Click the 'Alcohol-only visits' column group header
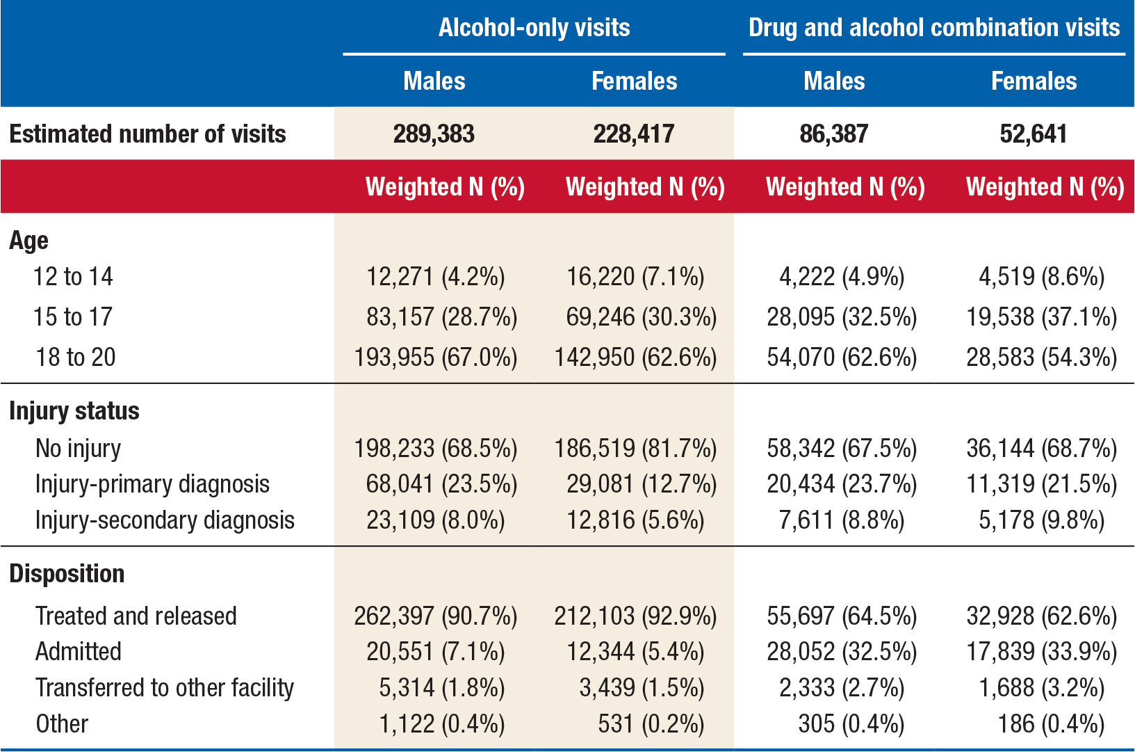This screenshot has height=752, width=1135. (534, 28)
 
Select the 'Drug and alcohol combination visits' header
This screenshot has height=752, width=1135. (933, 28)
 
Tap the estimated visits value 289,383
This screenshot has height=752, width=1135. (434, 134)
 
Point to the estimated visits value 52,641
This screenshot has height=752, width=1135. (1033, 134)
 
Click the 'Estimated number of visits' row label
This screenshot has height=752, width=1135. (147, 134)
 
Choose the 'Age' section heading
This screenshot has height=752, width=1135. (28, 241)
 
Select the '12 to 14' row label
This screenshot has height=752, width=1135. (73, 277)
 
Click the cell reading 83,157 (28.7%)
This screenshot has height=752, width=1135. (441, 317)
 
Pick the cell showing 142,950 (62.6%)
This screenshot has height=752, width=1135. (635, 358)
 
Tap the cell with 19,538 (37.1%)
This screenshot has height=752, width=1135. (1041, 317)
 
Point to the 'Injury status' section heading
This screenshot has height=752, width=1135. (74, 411)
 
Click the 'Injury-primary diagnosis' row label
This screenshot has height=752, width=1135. (152, 484)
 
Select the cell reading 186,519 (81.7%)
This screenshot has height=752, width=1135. (635, 449)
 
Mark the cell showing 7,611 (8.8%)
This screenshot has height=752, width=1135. (841, 520)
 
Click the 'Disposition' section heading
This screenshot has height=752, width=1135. (67, 574)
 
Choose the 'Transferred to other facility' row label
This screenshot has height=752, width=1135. (165, 688)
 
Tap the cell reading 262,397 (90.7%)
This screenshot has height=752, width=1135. (435, 616)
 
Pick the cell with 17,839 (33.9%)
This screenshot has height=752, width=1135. (1041, 652)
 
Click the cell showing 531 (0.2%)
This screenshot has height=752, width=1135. (651, 724)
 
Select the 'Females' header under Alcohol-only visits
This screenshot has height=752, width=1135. (634, 81)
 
